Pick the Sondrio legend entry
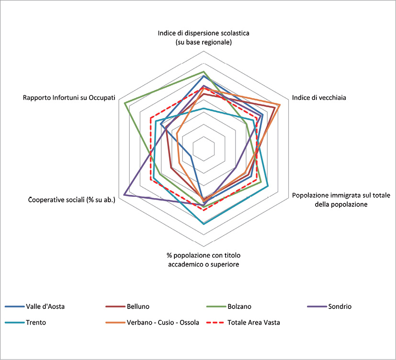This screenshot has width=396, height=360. (339, 306)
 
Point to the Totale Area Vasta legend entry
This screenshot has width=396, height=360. (254, 322)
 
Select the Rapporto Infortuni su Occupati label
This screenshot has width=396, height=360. (69, 98)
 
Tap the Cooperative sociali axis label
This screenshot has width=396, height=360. (72, 199)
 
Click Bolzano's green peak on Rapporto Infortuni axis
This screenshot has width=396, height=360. (124, 103)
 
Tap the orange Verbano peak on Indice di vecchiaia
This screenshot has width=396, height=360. (280, 104)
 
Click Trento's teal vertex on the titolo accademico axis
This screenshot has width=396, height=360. (204, 224)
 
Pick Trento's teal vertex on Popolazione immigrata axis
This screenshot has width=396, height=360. (268, 186)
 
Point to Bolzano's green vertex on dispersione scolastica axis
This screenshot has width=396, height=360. (204, 71)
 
